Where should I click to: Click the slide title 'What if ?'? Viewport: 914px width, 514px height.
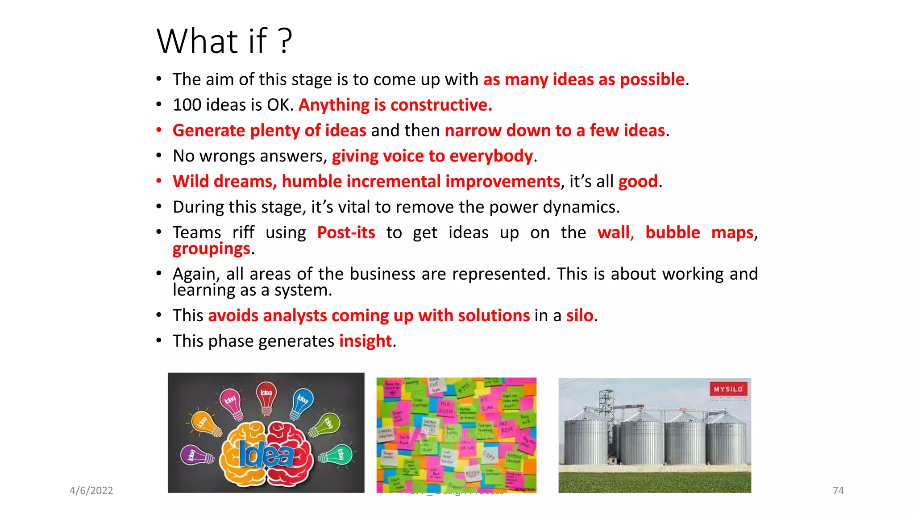click(224, 41)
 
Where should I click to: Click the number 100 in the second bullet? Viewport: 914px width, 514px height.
click(186, 105)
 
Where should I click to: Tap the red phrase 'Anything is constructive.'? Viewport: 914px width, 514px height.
click(395, 105)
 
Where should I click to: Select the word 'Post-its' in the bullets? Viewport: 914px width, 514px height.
click(346, 232)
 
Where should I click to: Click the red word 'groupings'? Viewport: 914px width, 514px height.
click(211, 249)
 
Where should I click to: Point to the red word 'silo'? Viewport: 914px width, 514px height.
click(580, 315)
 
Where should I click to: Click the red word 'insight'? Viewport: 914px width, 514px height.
click(365, 341)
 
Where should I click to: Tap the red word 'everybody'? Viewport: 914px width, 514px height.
click(491, 156)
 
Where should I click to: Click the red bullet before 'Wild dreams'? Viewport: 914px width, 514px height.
click(159, 181)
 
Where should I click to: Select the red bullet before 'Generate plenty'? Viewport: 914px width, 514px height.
click(159, 130)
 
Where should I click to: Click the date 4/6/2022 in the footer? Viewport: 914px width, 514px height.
click(91, 490)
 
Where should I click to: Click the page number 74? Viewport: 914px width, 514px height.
click(838, 490)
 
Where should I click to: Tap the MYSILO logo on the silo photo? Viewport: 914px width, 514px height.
click(728, 389)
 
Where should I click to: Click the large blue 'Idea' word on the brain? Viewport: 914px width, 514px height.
click(266, 455)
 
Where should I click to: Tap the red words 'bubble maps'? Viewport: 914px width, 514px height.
click(699, 232)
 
